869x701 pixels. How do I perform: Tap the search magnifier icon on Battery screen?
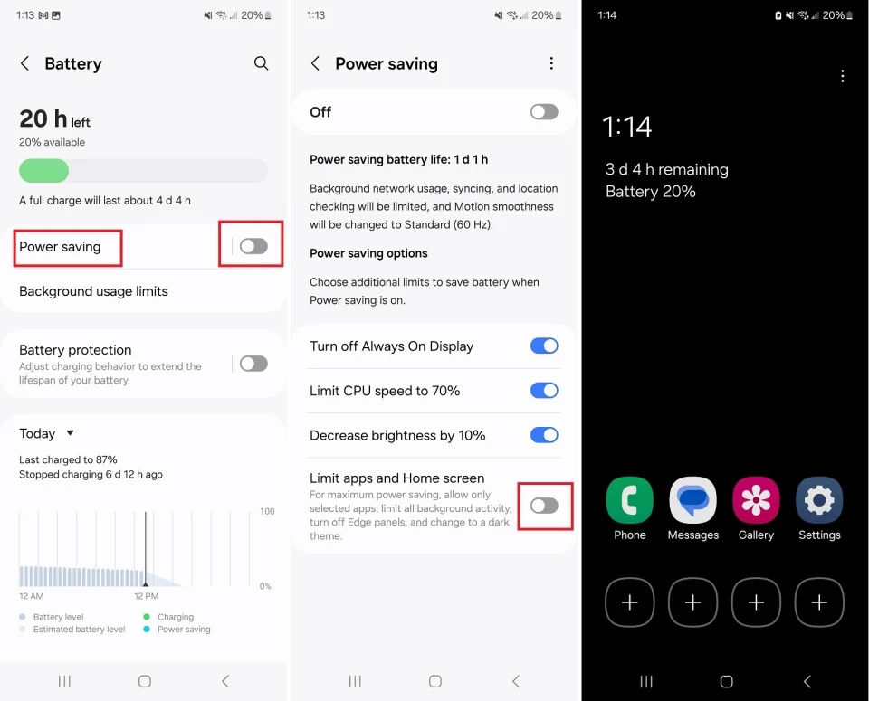[x=261, y=63]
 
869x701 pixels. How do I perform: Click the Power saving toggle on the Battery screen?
[x=253, y=246]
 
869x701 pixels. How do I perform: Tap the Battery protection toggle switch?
[x=253, y=364]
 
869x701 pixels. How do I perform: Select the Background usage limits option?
[x=93, y=291]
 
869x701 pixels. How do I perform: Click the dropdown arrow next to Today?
[x=71, y=433]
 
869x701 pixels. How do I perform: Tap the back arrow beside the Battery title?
[x=25, y=63]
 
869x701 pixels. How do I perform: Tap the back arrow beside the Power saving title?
[x=315, y=63]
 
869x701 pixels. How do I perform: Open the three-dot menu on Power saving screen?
[x=551, y=63]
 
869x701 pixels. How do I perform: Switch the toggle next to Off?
[x=544, y=112]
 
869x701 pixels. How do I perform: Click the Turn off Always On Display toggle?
[x=544, y=346]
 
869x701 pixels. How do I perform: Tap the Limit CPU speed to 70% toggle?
[x=544, y=391]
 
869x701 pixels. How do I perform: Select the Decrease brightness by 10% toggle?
[x=544, y=435]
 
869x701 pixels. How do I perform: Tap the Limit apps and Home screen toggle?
[x=544, y=506]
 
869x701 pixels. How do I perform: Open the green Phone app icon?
[x=630, y=500]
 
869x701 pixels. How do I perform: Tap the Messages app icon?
[x=693, y=500]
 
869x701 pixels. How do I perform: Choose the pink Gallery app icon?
[x=756, y=500]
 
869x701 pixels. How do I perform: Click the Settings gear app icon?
[x=819, y=500]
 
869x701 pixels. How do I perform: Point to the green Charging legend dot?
[x=147, y=617]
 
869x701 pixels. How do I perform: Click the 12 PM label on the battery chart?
[x=146, y=596]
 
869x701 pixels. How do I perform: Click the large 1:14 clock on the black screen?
[x=627, y=127]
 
